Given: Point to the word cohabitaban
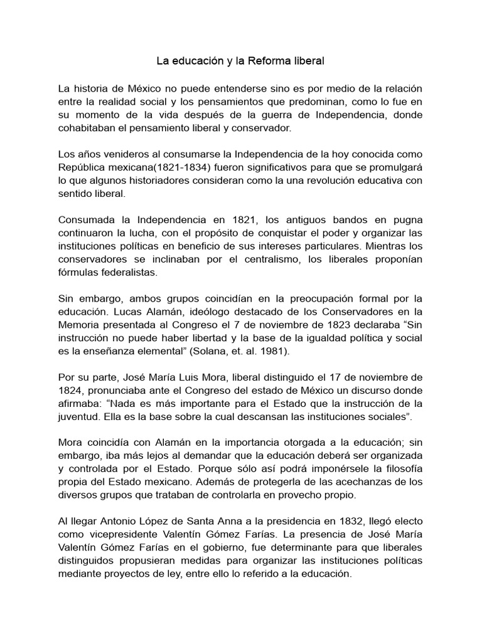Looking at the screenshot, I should (87, 127).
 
